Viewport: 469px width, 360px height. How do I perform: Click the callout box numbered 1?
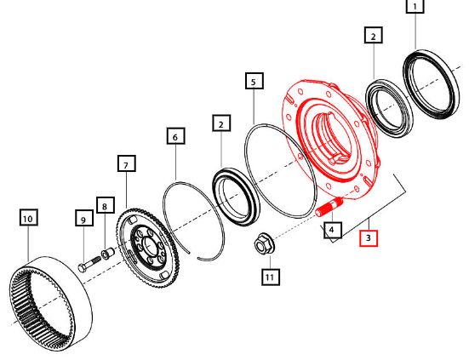(415, 6)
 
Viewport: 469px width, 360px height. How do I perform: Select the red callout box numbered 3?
(369, 238)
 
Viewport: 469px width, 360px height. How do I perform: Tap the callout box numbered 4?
(333, 230)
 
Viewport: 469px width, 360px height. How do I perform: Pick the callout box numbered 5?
(255, 81)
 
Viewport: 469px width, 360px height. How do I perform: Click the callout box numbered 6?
(176, 136)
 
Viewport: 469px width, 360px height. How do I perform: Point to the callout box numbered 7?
(127, 163)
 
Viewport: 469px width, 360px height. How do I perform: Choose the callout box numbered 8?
(106, 205)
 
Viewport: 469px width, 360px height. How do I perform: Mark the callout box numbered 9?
(84, 218)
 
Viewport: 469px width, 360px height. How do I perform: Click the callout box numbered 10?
(29, 217)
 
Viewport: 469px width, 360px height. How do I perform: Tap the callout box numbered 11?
(271, 277)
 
